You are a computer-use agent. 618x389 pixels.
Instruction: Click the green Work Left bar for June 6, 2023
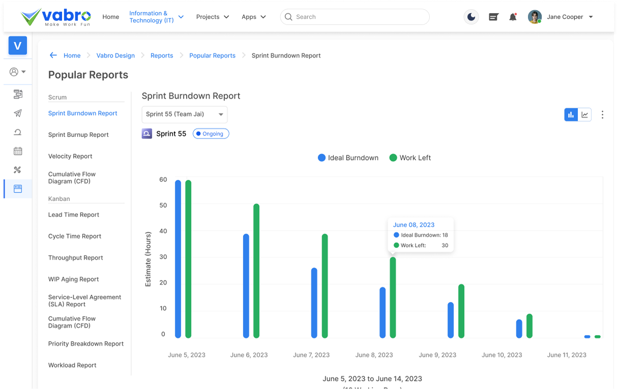point(256,271)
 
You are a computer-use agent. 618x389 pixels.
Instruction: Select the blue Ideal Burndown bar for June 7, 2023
point(314,303)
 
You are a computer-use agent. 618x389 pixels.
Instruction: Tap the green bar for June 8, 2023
point(393,297)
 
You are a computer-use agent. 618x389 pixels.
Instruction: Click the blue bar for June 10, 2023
point(519,329)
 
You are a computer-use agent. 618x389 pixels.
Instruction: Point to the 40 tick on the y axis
point(163,231)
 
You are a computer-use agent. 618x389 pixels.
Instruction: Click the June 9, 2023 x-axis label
point(437,355)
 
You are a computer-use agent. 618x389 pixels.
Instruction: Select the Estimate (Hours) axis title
point(148,259)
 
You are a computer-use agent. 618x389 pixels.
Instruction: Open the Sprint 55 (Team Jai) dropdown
point(184,115)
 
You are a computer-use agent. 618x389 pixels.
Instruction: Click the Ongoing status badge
point(211,134)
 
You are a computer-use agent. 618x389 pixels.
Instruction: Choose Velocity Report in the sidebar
point(70,156)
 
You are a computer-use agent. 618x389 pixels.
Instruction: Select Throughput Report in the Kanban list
point(76,258)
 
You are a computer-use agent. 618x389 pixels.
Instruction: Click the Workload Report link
point(72,365)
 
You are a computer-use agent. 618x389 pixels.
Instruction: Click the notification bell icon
point(513,17)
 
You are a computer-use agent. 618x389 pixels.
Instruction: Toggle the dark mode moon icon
point(471,17)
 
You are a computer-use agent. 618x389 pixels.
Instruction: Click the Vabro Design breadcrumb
point(115,55)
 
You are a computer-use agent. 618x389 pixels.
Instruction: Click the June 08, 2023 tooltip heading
point(414,225)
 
